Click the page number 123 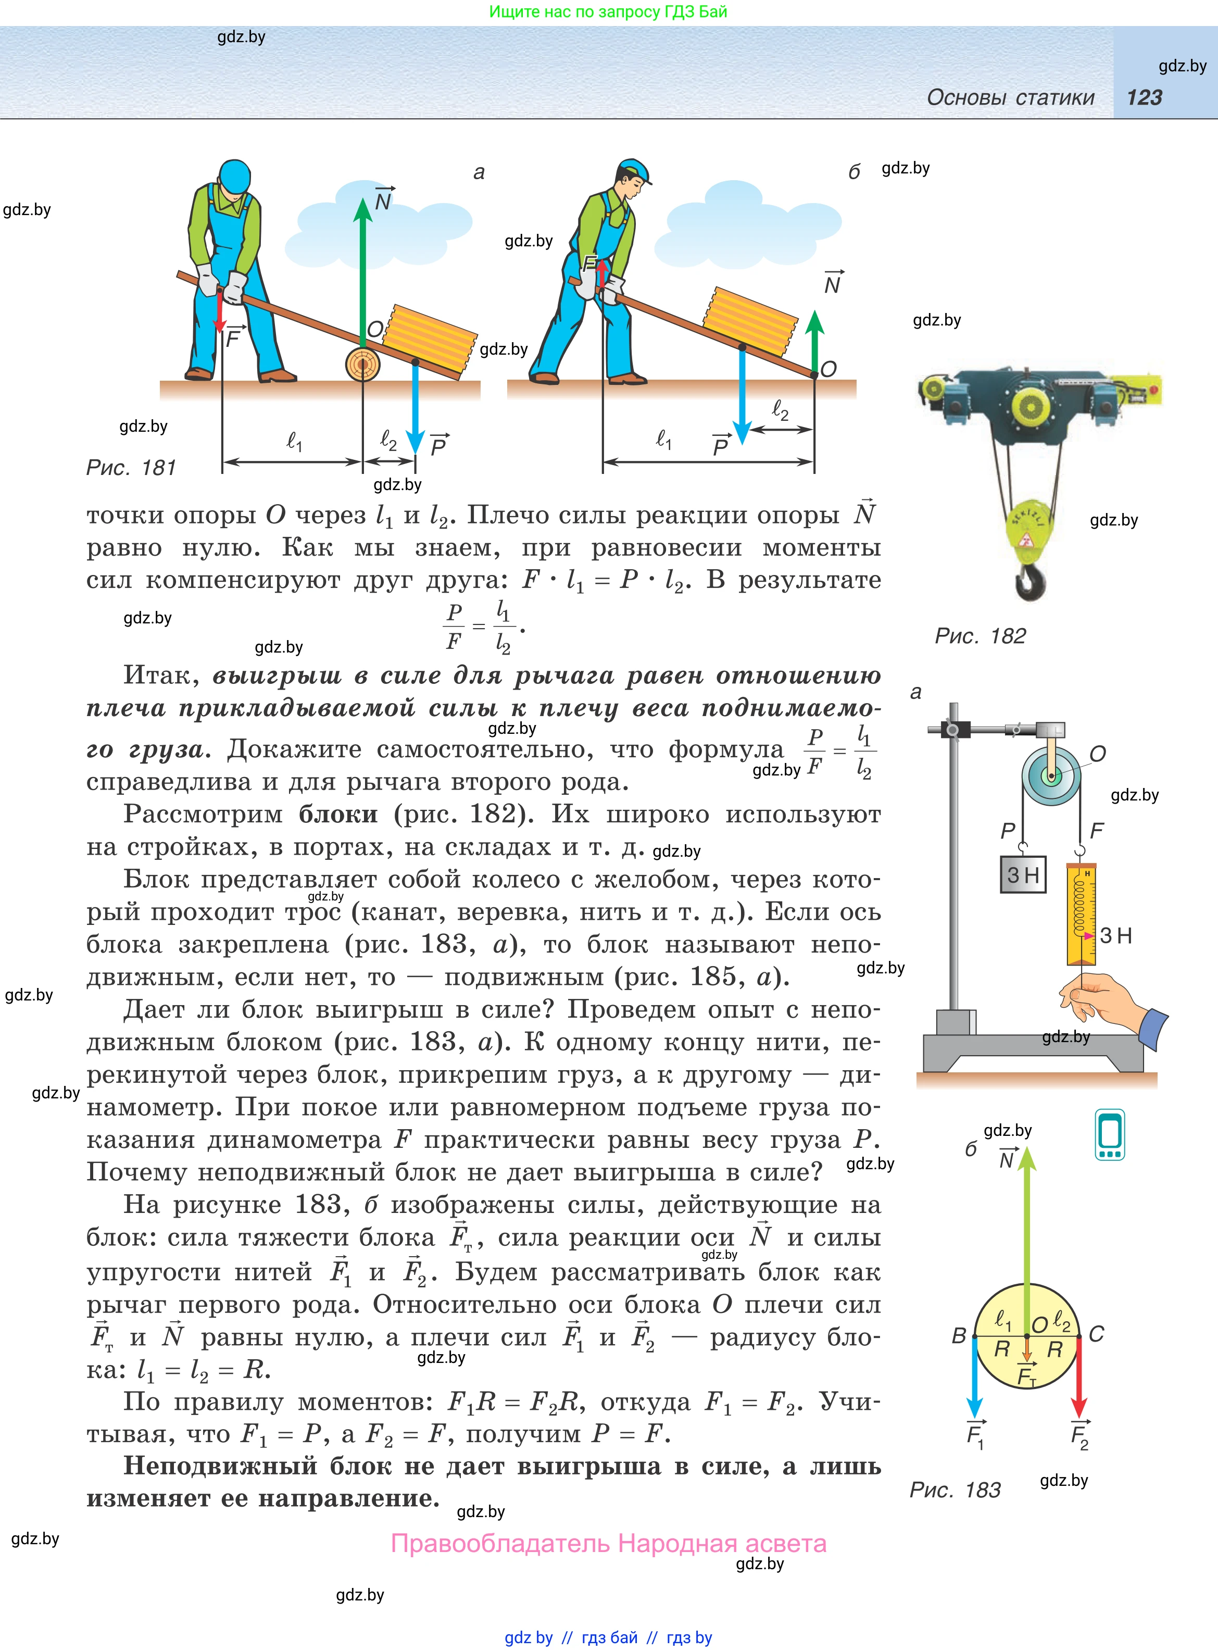point(1144,97)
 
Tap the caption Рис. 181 point(131,467)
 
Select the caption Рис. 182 point(980,635)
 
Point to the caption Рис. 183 point(955,1490)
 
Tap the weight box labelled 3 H point(1023,875)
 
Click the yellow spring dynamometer point(1082,914)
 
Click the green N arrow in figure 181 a point(363,273)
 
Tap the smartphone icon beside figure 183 point(1110,1134)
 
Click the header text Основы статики point(1010,97)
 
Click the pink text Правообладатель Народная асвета point(608,1543)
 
